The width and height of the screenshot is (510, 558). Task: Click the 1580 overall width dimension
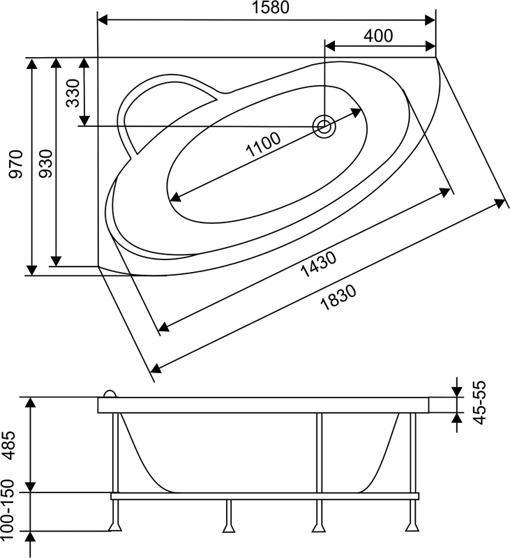click(271, 8)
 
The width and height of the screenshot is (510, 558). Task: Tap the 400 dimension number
click(378, 36)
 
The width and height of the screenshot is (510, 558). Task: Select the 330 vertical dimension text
click(73, 93)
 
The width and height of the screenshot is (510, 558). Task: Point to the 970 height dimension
click(16, 164)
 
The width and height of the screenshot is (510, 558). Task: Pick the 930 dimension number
click(45, 163)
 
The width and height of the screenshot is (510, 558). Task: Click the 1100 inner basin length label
click(263, 144)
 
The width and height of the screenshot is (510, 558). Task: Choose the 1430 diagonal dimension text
click(318, 264)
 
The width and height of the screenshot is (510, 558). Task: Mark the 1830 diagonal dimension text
click(338, 298)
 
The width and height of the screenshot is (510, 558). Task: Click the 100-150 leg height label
click(8, 510)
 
